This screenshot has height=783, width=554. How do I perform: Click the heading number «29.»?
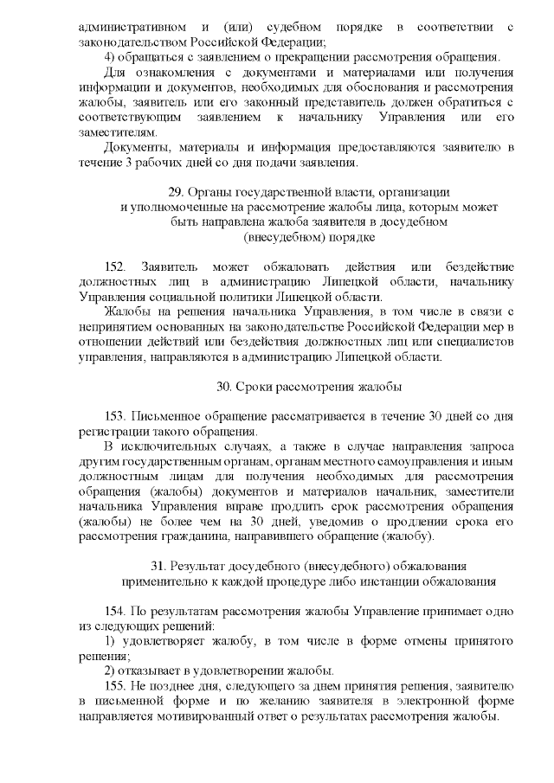pos(177,191)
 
